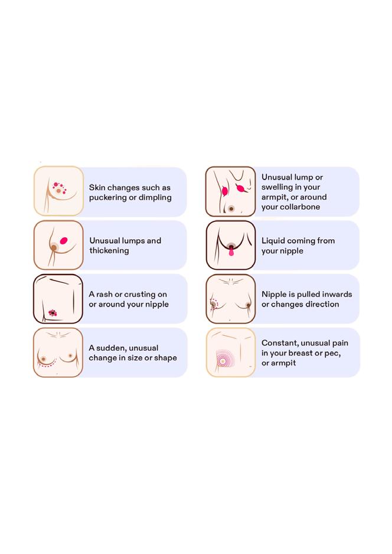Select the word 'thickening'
tap(109, 250)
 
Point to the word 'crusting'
tap(141, 294)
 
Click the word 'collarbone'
tap(299, 207)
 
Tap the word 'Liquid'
tap(273, 240)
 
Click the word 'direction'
tap(320, 304)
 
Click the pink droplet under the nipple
tap(231, 253)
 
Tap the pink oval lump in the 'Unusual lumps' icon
tap(64, 240)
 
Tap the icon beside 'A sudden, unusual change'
tap(58, 353)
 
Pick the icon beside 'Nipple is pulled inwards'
tap(230, 299)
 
